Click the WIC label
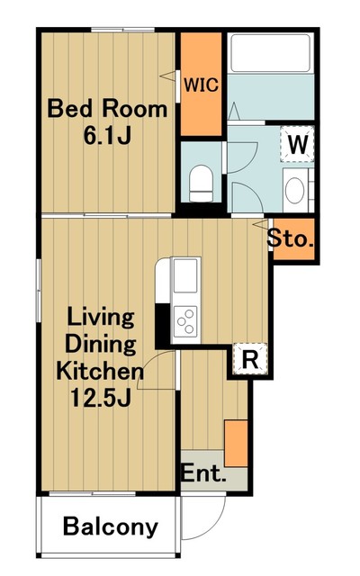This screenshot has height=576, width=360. [201, 85]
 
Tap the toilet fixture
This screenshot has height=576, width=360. [201, 184]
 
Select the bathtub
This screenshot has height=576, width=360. [270, 53]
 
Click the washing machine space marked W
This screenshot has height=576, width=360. [298, 144]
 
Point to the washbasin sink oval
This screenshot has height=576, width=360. [294, 190]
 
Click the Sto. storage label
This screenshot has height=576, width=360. [291, 238]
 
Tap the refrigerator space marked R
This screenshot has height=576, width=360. [250, 359]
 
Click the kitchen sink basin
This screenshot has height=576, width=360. [185, 275]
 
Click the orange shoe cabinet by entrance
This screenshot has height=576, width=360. [236, 444]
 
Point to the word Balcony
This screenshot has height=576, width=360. [111, 526]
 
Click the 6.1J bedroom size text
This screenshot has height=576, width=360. [107, 135]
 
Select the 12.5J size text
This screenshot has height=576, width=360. [101, 398]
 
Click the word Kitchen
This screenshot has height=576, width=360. [100, 371]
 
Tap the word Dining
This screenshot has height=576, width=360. [101, 345]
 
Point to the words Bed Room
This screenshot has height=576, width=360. [107, 109]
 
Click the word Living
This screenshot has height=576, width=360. [101, 318]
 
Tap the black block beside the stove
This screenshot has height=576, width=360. [163, 324]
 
